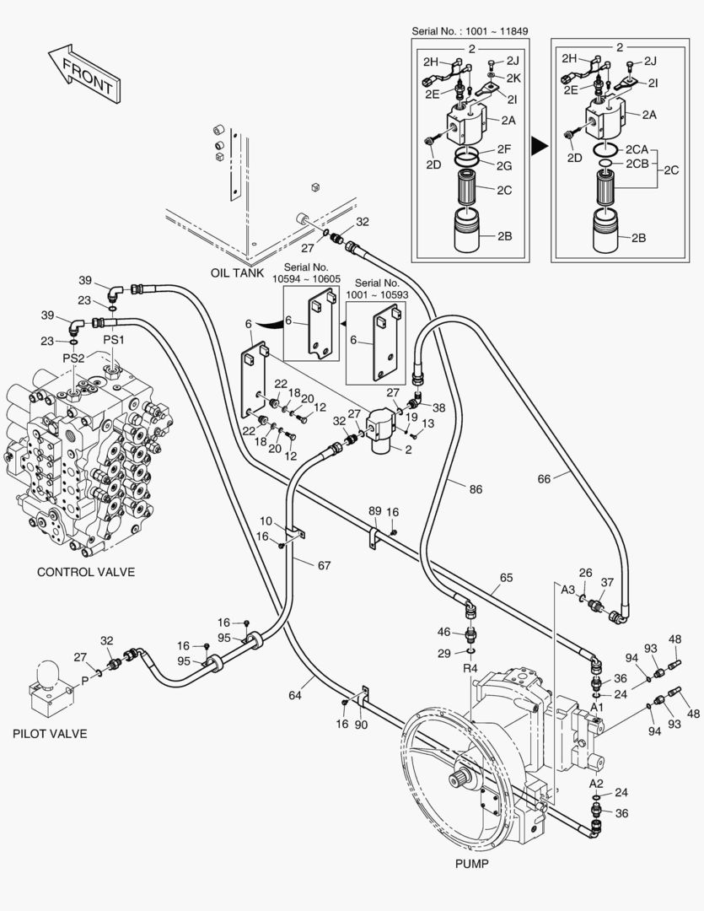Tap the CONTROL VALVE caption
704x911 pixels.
(x=85, y=572)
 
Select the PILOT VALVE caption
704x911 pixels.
(x=50, y=734)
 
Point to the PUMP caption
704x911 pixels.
(x=471, y=864)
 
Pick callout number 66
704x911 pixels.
(x=545, y=478)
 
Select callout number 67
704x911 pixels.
(x=324, y=565)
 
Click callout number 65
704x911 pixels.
(x=506, y=578)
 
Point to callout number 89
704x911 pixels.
(x=375, y=512)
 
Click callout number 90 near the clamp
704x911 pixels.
(x=362, y=725)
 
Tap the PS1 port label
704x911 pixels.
(x=114, y=339)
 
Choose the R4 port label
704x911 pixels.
(x=470, y=669)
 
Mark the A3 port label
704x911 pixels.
(x=568, y=590)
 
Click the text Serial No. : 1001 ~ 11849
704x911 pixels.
(x=470, y=31)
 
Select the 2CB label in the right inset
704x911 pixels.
(x=637, y=164)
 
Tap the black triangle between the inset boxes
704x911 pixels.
(x=539, y=147)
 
